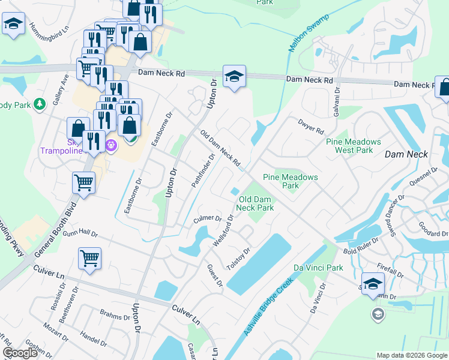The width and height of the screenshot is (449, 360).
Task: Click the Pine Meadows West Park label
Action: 354,146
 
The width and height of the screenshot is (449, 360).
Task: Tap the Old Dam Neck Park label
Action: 256,203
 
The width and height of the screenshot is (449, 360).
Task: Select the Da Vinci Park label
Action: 318,267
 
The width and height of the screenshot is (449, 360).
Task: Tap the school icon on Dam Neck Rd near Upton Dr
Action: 234,77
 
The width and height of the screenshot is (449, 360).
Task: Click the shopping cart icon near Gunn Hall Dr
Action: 89,259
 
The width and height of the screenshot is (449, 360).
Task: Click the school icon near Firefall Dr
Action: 373,284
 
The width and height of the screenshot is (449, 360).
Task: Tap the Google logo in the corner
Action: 20,353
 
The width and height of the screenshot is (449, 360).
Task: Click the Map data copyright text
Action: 411,355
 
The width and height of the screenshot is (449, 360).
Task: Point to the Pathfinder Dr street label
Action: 203,170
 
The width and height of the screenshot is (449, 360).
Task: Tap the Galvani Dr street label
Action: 337,95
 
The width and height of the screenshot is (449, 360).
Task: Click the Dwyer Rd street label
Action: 310,127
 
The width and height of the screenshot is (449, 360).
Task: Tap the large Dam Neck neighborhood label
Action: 406,154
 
